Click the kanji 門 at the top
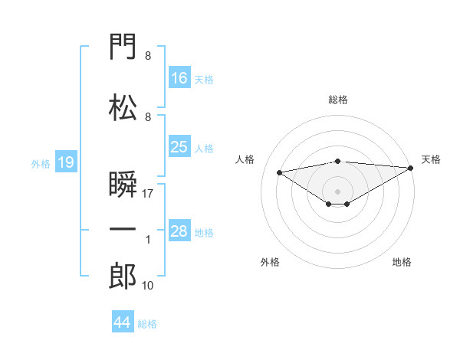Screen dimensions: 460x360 click(123, 46)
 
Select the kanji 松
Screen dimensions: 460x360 click(123, 107)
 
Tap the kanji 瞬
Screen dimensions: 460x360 click(123, 184)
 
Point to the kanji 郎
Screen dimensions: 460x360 click(123, 276)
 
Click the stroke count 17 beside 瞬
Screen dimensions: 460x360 click(147, 194)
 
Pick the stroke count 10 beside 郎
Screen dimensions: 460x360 click(147, 286)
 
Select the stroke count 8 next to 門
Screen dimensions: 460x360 click(148, 56)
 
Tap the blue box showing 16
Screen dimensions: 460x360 click(179, 77)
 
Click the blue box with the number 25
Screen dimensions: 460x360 click(179, 146)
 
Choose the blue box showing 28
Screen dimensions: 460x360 click(179, 230)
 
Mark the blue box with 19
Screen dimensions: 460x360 click(66, 162)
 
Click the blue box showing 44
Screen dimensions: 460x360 click(123, 321)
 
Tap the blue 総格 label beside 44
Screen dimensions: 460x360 click(147, 324)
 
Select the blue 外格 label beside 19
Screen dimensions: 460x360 click(41, 164)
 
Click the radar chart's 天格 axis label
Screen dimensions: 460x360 click(431, 159)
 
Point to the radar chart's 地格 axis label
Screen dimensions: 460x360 click(402, 262)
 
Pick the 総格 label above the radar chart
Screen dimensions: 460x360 click(338, 100)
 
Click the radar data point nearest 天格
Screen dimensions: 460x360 click(411, 168)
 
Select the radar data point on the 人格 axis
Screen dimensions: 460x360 click(280, 172)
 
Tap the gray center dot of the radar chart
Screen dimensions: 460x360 click(337, 191)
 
